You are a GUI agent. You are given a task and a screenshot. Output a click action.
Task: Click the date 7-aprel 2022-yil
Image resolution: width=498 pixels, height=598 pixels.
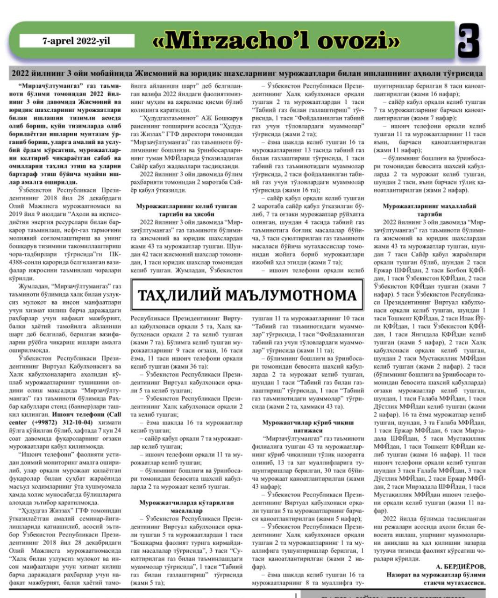tap(76, 41)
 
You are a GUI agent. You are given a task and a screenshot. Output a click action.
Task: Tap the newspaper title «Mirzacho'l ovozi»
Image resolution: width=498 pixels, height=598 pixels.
tap(277, 42)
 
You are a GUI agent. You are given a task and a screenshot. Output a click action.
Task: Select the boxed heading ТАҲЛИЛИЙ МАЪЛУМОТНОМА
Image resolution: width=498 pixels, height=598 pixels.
tap(247, 296)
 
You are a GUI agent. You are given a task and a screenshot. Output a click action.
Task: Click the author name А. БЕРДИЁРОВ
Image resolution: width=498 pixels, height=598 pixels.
tap(460, 567)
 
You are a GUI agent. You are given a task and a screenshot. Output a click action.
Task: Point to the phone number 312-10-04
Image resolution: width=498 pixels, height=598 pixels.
tap(78, 422)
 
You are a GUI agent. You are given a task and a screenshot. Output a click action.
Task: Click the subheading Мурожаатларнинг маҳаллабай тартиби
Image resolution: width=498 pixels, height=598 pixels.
tap(429, 210)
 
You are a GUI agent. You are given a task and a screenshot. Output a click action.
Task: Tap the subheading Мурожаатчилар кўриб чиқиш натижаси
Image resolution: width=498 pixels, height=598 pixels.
tap(308, 426)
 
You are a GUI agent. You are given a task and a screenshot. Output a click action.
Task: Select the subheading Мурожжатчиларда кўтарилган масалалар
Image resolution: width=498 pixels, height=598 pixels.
tap(186, 506)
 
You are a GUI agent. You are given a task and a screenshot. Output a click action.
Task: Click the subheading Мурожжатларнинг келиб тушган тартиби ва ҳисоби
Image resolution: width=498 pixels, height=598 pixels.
tap(186, 210)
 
